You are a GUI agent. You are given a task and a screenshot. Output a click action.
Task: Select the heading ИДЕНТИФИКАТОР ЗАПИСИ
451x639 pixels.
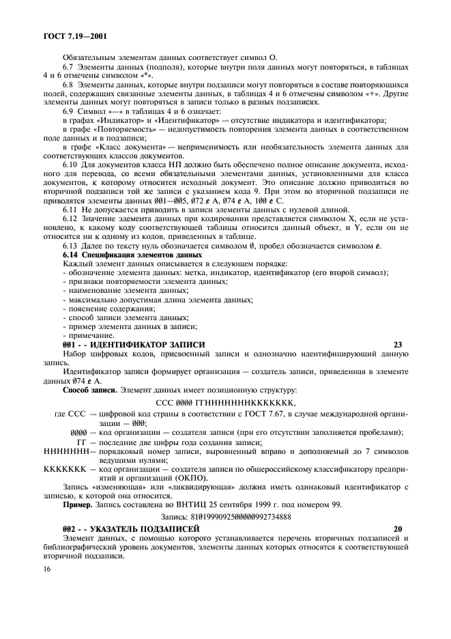click(x=147, y=345)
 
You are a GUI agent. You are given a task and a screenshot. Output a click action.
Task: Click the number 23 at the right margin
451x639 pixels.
click(x=399, y=345)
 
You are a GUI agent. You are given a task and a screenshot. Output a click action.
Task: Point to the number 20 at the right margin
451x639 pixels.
click(x=399, y=529)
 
